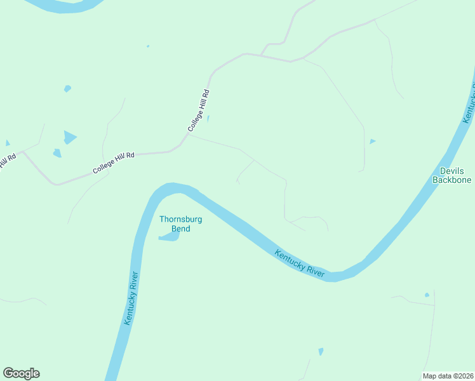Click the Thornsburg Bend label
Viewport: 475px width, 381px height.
tap(180, 224)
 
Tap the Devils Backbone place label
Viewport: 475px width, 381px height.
tap(452, 175)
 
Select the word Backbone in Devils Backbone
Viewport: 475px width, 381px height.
tap(452, 180)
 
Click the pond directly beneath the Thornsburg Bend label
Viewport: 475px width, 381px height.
tap(170, 237)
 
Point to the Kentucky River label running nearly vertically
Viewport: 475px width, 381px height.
tap(131, 298)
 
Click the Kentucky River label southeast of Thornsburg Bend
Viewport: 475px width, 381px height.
tap(300, 264)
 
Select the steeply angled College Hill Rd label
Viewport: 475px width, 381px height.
tap(199, 110)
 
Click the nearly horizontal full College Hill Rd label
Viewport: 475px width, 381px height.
tap(114, 163)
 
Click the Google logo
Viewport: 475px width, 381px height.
tap(21, 373)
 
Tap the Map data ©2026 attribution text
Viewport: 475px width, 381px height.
tap(448, 375)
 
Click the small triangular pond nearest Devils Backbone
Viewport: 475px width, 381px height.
tap(372, 141)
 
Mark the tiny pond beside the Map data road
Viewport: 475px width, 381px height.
tap(427, 295)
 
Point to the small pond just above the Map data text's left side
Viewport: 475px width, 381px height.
tap(321, 351)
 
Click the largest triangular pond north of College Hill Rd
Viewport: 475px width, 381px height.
tap(69, 137)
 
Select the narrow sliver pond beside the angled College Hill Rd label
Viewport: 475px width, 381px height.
tap(209, 119)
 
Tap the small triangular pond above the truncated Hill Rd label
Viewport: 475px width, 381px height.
tap(8, 143)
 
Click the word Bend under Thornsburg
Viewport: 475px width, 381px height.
tap(180, 229)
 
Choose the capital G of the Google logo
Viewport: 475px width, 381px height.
tap(8, 373)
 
